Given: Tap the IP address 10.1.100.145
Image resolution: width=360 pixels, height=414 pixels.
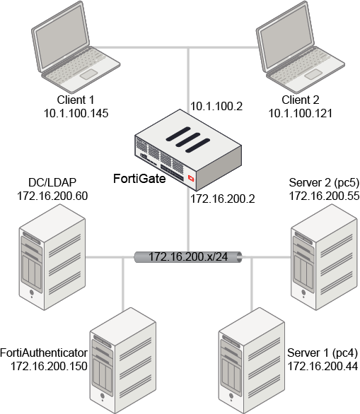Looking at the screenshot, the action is pyautogui.click(x=76, y=113).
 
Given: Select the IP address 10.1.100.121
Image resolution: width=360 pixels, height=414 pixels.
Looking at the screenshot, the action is pyautogui.click(x=301, y=113).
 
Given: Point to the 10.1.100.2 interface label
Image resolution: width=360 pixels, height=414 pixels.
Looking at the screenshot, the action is pyautogui.click(x=216, y=106).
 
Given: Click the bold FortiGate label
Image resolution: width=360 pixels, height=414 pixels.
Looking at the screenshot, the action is pyautogui.click(x=139, y=179).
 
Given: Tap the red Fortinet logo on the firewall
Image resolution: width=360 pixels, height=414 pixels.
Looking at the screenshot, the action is pyautogui.click(x=191, y=178).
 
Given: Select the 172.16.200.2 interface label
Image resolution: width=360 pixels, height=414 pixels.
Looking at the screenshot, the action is pyautogui.click(x=223, y=199).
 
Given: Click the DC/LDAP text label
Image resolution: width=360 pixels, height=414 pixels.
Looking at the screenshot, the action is pyautogui.click(x=52, y=182).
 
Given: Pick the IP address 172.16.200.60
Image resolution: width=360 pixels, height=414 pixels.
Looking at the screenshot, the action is pyautogui.click(x=52, y=196).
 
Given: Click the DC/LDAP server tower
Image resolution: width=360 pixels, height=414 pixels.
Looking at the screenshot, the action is pyautogui.click(x=52, y=257).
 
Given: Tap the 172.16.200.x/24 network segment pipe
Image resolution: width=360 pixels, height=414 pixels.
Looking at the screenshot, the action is pyautogui.click(x=188, y=257).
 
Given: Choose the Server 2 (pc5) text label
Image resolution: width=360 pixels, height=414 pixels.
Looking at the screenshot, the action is pyautogui.click(x=324, y=182).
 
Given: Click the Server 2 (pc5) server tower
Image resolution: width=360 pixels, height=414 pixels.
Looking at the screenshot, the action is pyautogui.click(x=324, y=257).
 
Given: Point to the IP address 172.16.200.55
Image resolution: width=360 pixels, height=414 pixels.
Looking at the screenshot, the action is pyautogui.click(x=324, y=196).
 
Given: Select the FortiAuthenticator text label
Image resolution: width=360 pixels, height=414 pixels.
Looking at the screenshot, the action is pyautogui.click(x=44, y=353).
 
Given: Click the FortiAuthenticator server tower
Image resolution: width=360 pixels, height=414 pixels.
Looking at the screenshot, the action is pyautogui.click(x=123, y=361).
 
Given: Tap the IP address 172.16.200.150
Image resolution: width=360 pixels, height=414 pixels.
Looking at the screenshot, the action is pyautogui.click(x=49, y=366).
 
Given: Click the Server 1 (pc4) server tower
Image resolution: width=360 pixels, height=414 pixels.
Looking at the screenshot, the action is pyautogui.click(x=251, y=361).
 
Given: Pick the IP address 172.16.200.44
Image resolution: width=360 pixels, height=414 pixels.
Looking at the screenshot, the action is pyautogui.click(x=323, y=366).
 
